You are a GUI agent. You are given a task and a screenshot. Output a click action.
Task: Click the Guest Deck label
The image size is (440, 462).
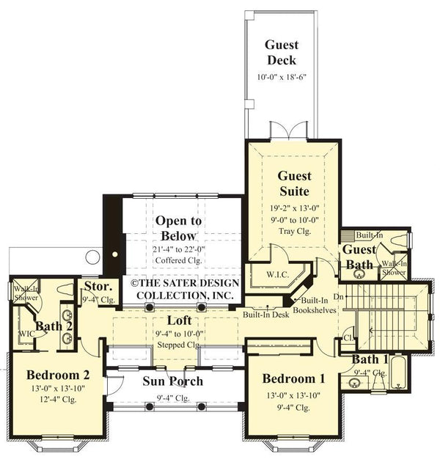click(282, 52)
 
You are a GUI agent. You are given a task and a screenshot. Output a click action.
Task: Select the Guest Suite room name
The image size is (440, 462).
click(294, 183)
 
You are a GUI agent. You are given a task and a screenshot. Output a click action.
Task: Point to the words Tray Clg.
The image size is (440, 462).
click(294, 230)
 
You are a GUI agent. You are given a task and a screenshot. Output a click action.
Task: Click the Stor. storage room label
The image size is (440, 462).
click(97, 287)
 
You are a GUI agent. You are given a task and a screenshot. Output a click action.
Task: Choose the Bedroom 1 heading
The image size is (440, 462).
click(293, 378)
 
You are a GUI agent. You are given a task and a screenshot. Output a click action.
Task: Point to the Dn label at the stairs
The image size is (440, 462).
click(338, 296)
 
